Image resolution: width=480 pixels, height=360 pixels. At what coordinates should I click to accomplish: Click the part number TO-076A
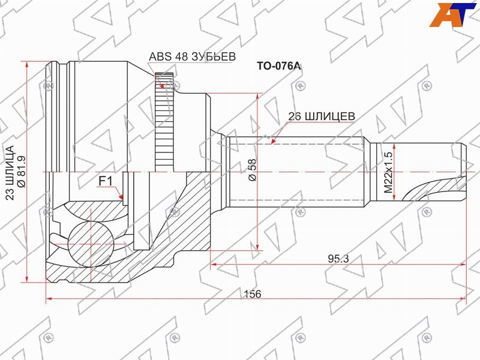point(278,66)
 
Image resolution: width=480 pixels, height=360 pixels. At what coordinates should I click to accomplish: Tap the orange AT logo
point(453,14)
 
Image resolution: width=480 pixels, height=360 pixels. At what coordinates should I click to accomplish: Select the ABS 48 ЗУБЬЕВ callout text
point(192,56)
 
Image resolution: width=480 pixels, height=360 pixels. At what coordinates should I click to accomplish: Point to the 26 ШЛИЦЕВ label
point(322,116)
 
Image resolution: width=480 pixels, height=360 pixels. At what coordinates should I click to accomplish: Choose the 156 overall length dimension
point(253,294)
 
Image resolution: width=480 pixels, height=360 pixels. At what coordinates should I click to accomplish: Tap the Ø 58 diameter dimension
point(253,170)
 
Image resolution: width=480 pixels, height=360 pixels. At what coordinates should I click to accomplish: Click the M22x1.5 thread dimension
point(388,173)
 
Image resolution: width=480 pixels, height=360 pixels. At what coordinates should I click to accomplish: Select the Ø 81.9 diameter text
point(22,171)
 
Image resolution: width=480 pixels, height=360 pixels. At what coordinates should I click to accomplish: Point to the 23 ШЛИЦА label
point(10,173)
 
